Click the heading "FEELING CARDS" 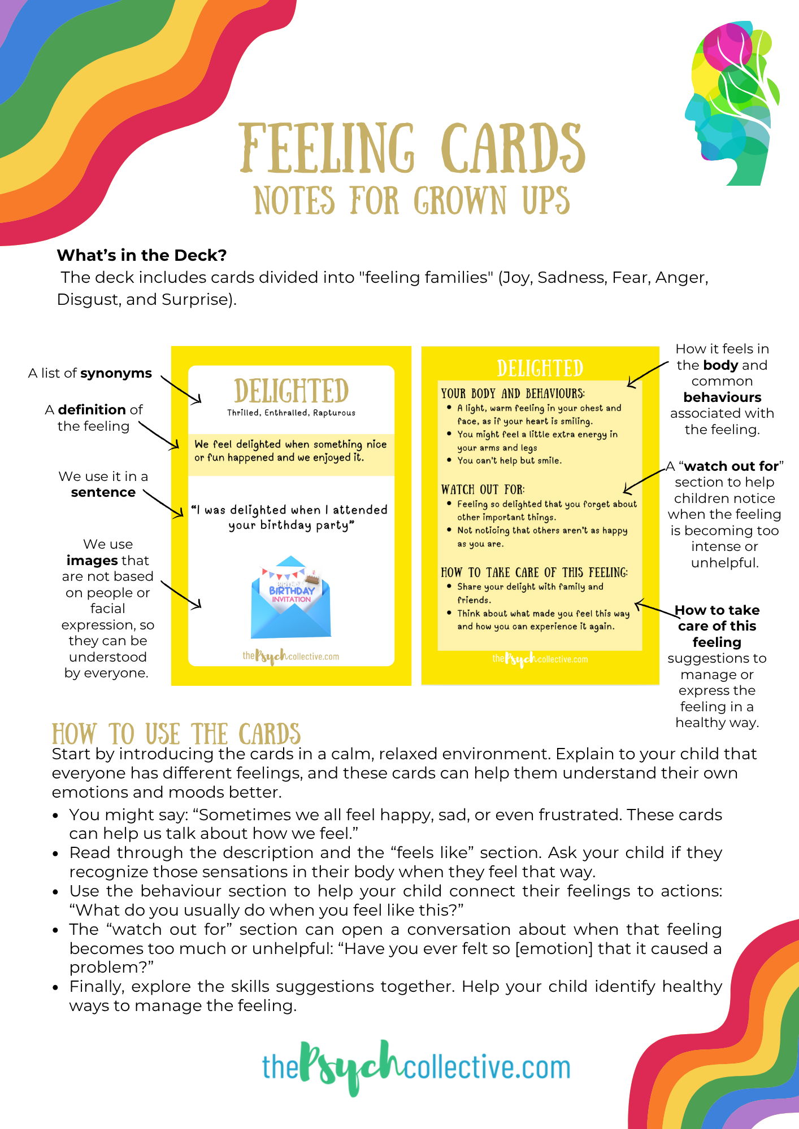click(411, 148)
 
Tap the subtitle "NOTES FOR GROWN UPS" click(411, 201)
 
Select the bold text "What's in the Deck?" click(142, 255)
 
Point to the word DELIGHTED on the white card click(291, 391)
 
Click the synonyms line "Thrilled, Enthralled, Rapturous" click(291, 413)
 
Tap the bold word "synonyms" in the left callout click(116, 373)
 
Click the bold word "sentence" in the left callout click(103, 492)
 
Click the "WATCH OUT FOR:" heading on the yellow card click(483, 489)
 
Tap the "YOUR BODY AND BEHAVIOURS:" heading click(513, 393)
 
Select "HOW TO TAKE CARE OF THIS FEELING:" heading click(534, 572)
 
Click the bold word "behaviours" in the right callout click(722, 397)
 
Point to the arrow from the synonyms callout click(181, 390)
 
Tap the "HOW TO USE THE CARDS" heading click(176, 734)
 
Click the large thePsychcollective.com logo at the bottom click(416, 1067)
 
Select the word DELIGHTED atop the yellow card click(540, 368)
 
